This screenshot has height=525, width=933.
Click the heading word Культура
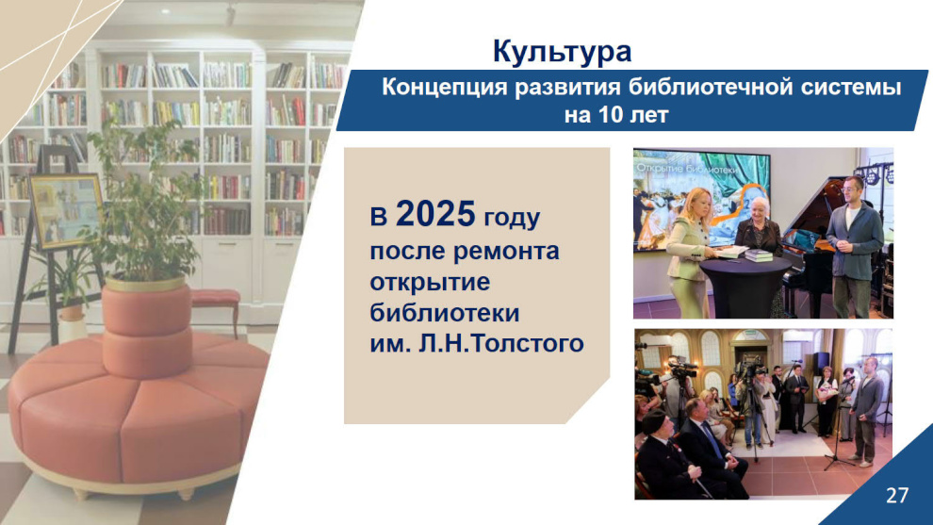pos(562,52)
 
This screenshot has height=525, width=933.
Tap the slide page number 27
pos(897,495)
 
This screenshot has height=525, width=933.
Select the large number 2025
pos(435,214)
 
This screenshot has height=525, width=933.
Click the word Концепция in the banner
pos(444,88)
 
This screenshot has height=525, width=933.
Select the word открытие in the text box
pos(430,282)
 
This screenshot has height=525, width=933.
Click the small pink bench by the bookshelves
pos(216,304)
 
